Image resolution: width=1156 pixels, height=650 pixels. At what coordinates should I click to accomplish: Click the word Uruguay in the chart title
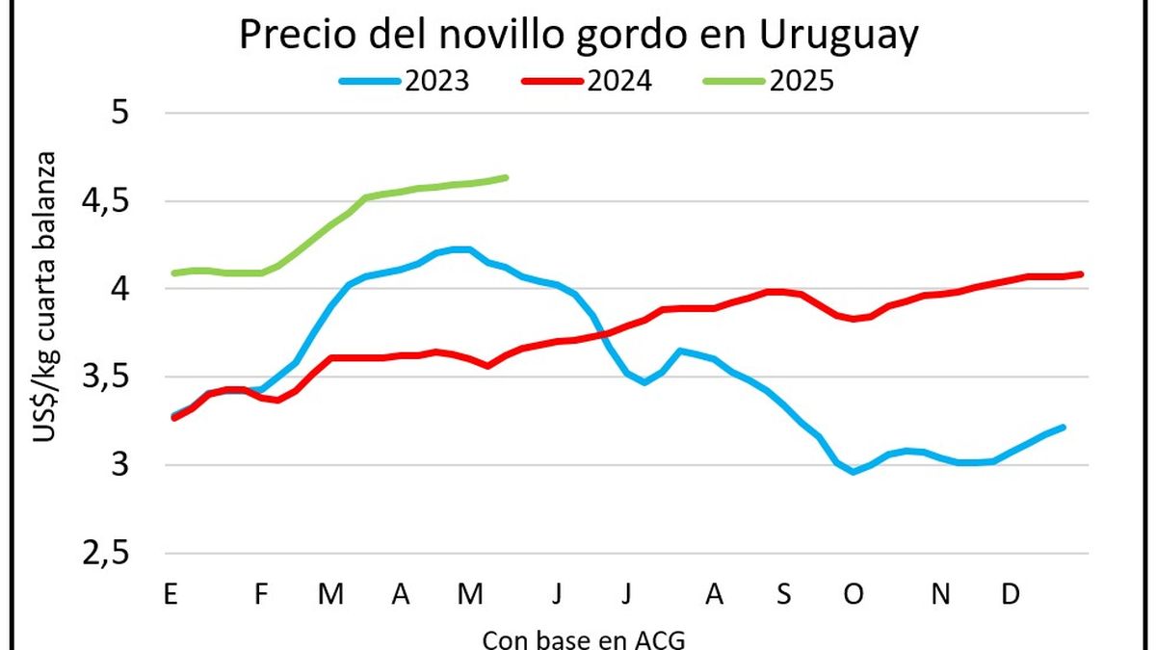pyautogui.click(x=838, y=36)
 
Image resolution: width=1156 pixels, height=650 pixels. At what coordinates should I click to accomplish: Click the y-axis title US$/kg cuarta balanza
pyautogui.click(x=47, y=296)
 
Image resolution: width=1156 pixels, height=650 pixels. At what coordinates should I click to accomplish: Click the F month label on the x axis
pyautogui.click(x=260, y=595)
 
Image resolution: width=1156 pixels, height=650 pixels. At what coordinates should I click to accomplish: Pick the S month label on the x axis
pyautogui.click(x=783, y=595)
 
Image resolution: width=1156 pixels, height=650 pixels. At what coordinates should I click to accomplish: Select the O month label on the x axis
pyautogui.click(x=854, y=595)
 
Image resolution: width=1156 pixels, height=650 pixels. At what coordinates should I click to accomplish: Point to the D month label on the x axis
pyautogui.click(x=1010, y=595)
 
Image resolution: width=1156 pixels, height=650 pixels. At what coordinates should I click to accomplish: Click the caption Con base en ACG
pyautogui.click(x=585, y=638)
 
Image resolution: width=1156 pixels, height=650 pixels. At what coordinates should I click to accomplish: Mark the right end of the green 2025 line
pyautogui.click(x=506, y=177)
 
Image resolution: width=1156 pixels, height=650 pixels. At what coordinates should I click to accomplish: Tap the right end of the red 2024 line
pyautogui.click(x=1081, y=273)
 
